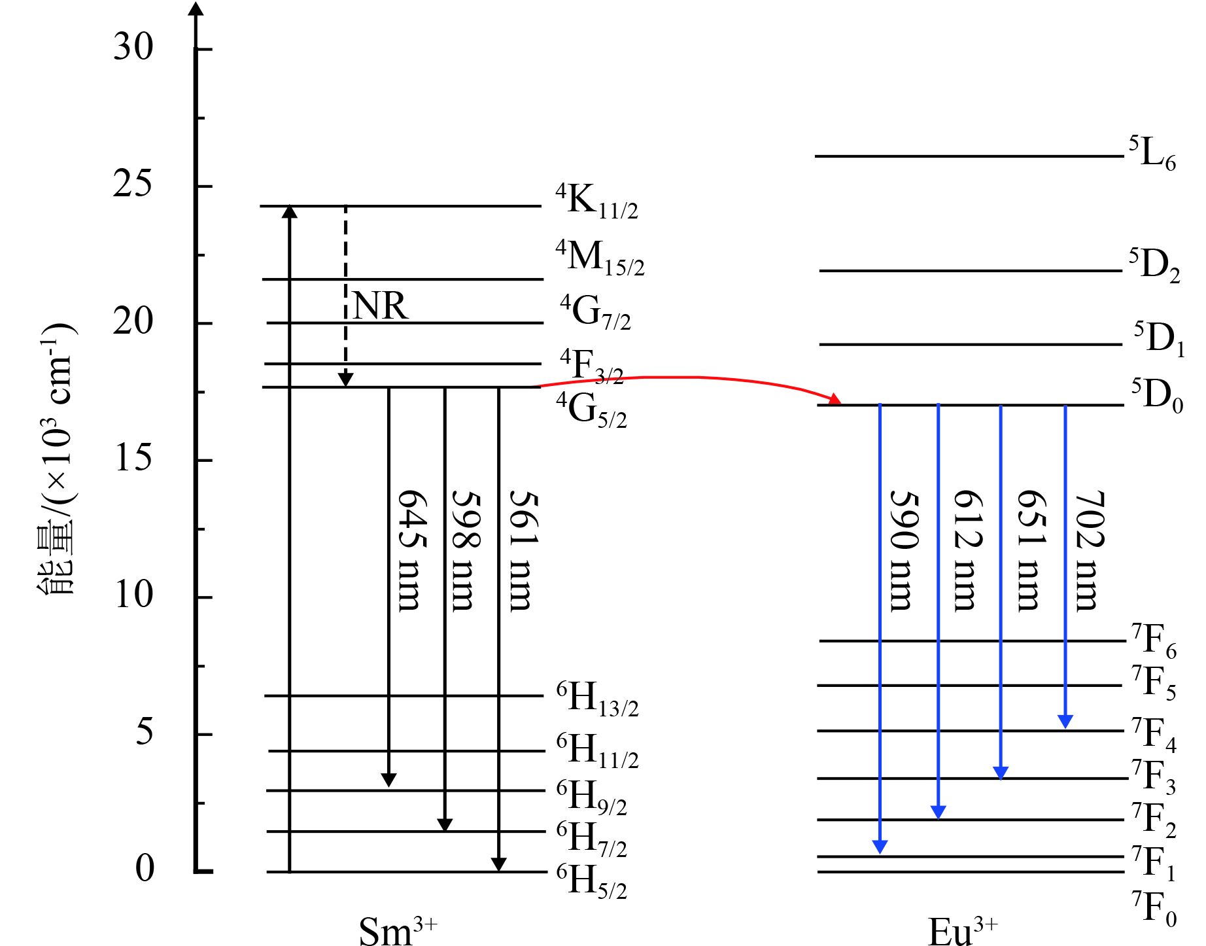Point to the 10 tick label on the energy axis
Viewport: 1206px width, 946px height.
(133, 595)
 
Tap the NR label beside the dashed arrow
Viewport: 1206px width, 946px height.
(380, 306)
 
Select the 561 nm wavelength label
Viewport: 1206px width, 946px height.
(523, 551)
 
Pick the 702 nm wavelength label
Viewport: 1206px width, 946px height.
(1089, 551)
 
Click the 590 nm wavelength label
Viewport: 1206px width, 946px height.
(904, 551)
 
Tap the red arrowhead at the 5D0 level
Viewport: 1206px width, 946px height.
(835, 398)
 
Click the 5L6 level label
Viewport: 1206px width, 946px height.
(1152, 154)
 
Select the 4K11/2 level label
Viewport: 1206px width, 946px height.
(596, 201)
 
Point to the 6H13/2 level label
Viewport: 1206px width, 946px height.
(597, 699)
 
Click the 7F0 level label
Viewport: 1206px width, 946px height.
(1154, 908)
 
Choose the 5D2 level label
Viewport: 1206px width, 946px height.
(1154, 266)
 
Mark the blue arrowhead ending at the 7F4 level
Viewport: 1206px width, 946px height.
(1065, 721)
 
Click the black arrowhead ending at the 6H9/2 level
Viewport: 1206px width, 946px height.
(388, 780)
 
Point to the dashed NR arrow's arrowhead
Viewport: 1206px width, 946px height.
(345, 379)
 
